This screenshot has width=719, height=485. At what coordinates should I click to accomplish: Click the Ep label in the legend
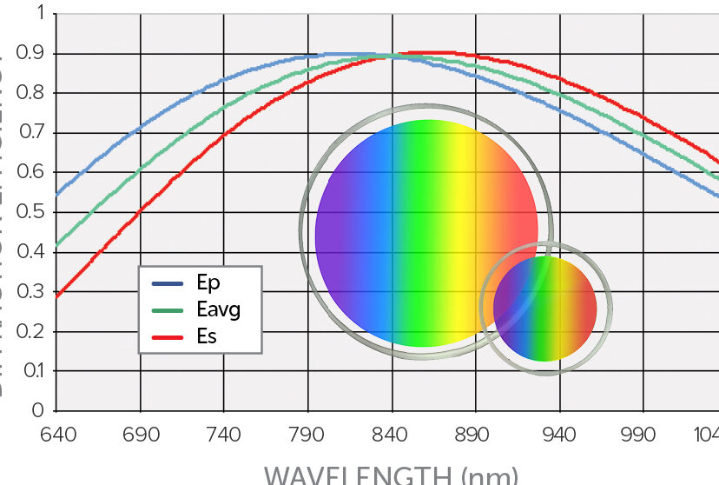(x=207, y=283)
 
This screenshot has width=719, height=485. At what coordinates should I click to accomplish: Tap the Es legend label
(x=206, y=336)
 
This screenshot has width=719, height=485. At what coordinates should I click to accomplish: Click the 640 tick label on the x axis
(x=57, y=433)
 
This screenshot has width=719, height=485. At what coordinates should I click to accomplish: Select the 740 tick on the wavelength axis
(x=224, y=433)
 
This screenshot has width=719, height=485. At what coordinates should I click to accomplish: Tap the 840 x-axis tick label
(x=392, y=433)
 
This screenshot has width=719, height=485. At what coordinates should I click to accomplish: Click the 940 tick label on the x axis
(x=559, y=433)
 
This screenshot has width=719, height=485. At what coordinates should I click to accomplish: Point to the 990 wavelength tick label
(x=643, y=433)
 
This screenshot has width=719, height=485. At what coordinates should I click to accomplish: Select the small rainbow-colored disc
(x=544, y=309)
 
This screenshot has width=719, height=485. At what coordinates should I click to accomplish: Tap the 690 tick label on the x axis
(x=141, y=433)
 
